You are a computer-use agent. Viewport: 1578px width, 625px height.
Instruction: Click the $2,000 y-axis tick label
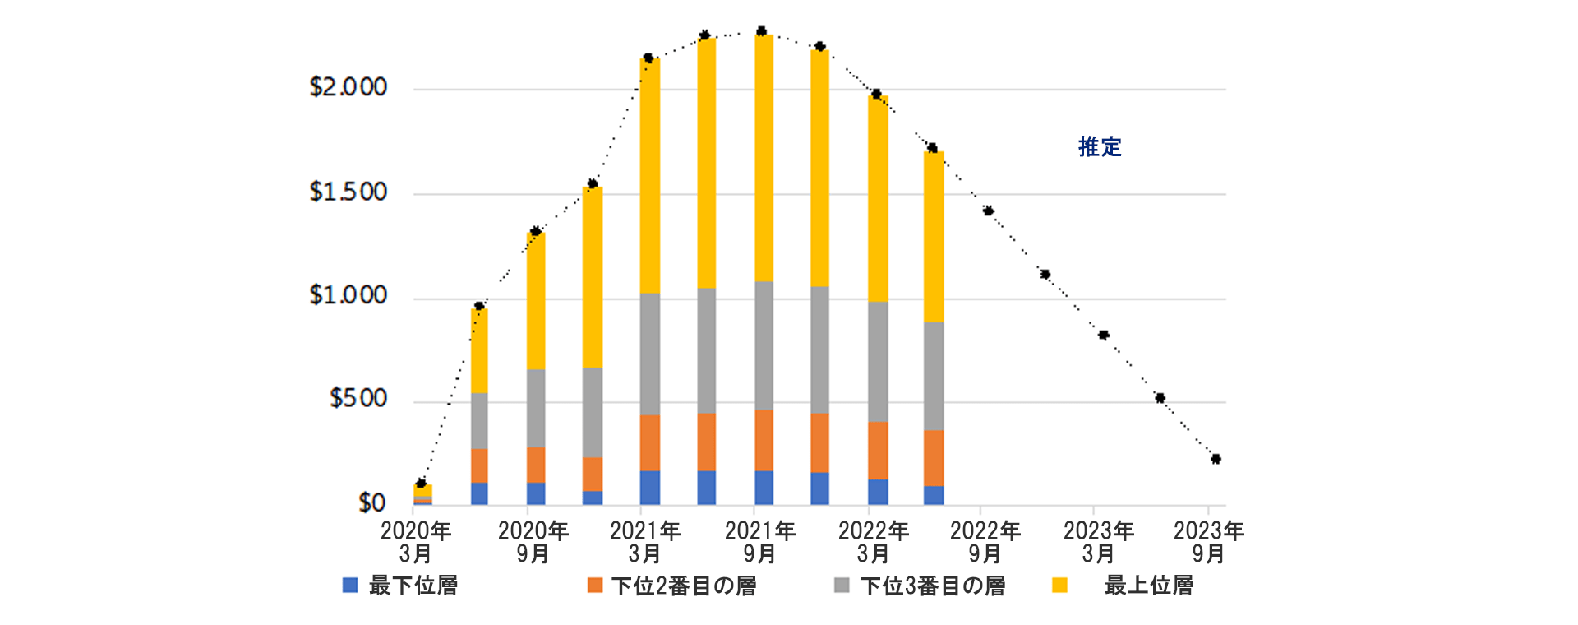348,87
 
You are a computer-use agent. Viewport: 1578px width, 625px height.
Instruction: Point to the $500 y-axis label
358,399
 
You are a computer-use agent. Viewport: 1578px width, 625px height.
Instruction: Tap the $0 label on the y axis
371,502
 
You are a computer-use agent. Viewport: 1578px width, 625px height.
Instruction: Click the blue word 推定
1100,147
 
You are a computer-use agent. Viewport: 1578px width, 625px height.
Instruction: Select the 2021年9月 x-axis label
760,542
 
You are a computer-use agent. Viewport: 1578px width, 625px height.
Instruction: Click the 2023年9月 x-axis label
1208,542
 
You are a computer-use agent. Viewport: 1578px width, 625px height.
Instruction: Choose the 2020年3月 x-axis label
416,542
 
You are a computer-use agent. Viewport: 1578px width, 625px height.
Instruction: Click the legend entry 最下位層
400,586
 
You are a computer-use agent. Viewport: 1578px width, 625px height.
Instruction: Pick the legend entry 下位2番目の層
672,586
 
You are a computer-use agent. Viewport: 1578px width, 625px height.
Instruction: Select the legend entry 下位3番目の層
920,586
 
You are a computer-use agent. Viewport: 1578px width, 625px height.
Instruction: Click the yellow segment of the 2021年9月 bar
764,156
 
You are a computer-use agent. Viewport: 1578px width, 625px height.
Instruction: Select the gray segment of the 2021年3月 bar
649,354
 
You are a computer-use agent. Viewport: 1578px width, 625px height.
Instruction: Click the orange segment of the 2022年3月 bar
878,451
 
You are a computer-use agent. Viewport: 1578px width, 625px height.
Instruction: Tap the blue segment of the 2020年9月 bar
536,493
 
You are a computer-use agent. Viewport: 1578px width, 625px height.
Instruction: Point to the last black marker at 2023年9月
1216,459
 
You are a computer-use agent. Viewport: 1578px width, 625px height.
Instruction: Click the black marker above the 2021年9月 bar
761,31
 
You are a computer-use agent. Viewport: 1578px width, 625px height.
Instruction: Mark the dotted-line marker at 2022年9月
988,211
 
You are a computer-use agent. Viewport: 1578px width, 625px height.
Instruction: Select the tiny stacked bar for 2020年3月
422,493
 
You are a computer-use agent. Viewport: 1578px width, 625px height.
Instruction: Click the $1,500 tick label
348,192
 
